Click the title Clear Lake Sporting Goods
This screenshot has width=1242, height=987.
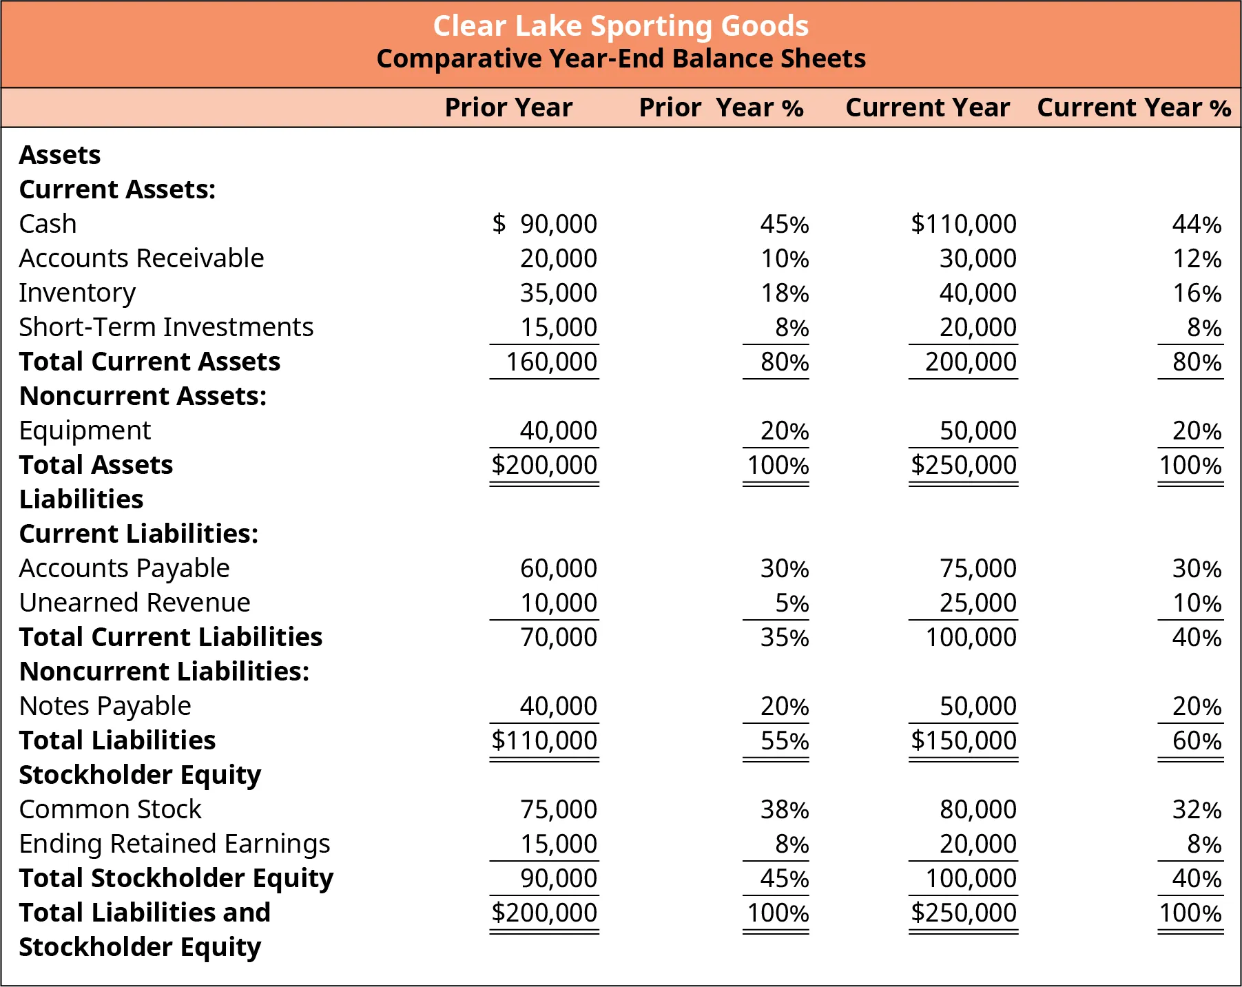coord(621,26)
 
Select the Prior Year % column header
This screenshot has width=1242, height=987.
coord(721,108)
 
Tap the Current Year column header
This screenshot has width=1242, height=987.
coord(927,108)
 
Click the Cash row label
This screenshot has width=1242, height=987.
coord(48,224)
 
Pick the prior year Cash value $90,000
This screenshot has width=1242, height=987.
coord(545,224)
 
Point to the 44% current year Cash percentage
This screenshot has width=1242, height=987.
coord(1197,224)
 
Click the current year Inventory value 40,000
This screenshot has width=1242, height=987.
coord(977,293)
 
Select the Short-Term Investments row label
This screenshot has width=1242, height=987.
coord(166,327)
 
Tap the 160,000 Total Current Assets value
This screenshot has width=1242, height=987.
coord(551,362)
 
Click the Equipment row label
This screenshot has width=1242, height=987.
coord(85,430)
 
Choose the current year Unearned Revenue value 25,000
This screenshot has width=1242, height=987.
coord(977,603)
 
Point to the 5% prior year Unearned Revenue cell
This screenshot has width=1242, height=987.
coord(791,603)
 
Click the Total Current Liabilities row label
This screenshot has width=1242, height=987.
coord(171,637)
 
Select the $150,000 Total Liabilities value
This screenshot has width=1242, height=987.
coord(963,740)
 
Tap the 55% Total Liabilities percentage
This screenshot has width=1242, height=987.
coord(784,740)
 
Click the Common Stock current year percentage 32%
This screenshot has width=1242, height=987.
coord(1197,809)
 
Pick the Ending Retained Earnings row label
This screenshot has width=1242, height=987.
coord(174,844)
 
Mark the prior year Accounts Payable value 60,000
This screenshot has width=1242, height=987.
coord(558,568)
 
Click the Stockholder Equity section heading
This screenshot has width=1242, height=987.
coord(140,775)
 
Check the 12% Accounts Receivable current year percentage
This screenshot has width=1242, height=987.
coord(1197,258)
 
